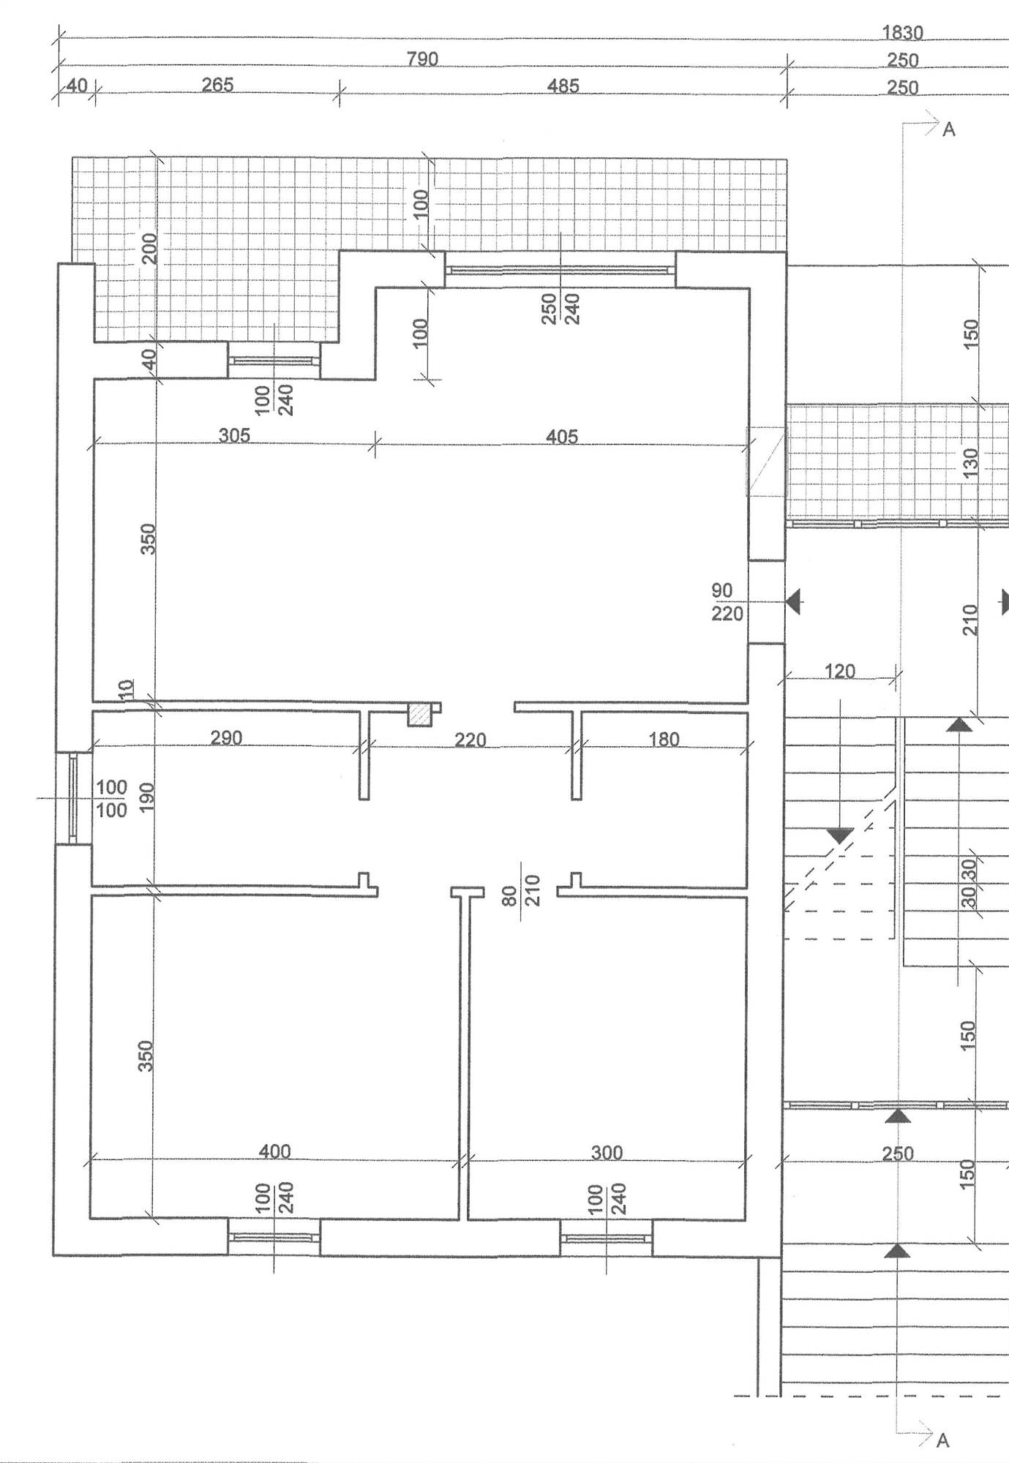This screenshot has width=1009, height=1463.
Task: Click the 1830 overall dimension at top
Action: (x=902, y=33)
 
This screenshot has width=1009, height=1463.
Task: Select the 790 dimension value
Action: (x=422, y=59)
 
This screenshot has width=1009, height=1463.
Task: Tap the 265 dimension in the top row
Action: (x=217, y=85)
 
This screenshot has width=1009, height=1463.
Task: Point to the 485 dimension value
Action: (x=563, y=86)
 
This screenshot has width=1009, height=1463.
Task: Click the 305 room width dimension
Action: (x=234, y=435)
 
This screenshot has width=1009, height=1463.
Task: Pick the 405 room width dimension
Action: (x=562, y=437)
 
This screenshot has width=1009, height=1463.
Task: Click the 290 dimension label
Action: (x=226, y=737)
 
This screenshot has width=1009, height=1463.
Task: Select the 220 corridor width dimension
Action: (x=470, y=740)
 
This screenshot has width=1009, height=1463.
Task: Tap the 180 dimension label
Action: (x=664, y=739)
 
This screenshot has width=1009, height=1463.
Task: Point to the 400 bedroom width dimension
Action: (x=274, y=1151)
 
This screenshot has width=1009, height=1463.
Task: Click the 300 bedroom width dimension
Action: (x=607, y=1153)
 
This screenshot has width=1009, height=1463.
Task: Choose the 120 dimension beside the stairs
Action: (x=839, y=671)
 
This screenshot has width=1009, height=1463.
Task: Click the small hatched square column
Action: (x=419, y=715)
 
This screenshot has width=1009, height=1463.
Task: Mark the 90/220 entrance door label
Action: (x=727, y=601)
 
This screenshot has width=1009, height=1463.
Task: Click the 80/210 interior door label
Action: (x=521, y=890)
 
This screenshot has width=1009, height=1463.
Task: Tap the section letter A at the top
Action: (x=949, y=129)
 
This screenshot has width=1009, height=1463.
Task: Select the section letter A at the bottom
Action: (x=943, y=1440)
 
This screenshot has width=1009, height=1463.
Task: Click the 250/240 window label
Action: (x=560, y=309)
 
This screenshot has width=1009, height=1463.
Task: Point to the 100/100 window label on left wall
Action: (x=111, y=798)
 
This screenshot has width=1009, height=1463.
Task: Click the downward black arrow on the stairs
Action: (x=840, y=835)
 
